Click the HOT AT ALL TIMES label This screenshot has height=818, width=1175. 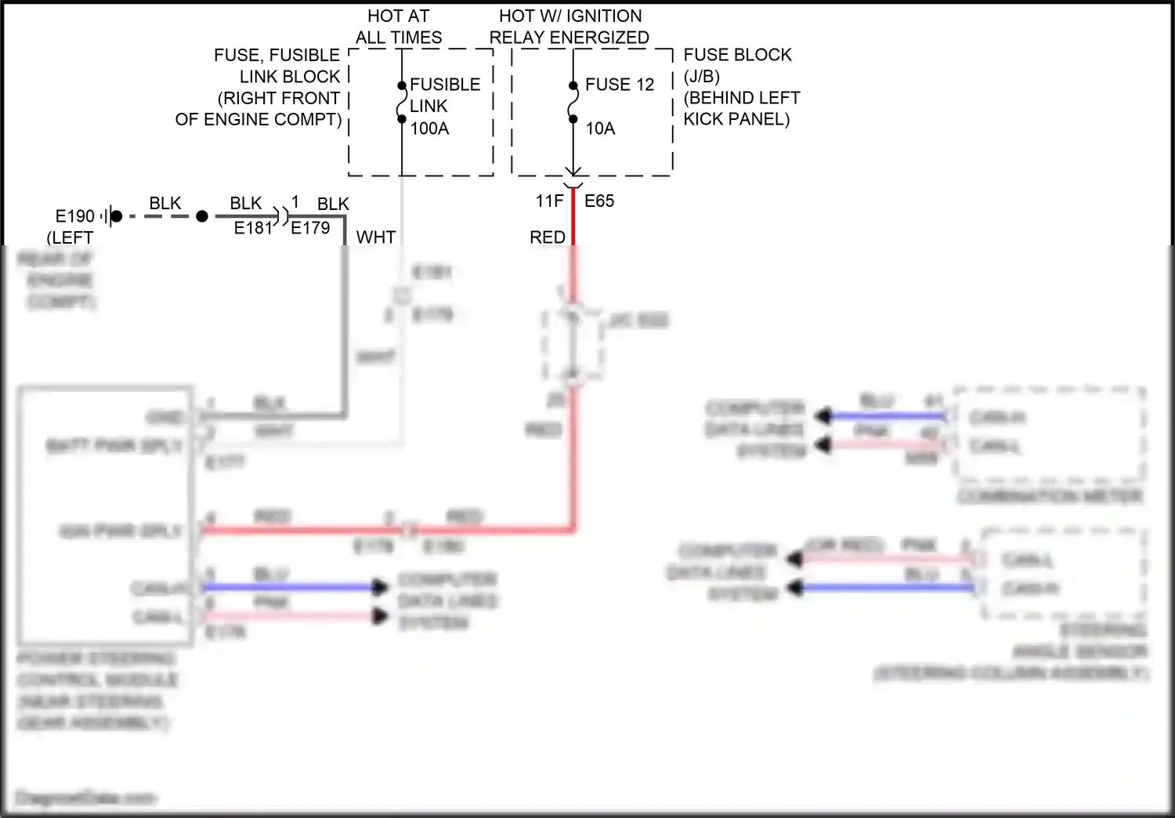pos(398,27)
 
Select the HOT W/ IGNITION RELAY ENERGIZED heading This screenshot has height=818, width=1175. pos(569,27)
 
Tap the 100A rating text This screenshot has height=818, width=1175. pos(429,128)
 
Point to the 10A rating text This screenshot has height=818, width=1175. pos(600,128)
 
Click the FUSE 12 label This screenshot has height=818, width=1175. pos(619,85)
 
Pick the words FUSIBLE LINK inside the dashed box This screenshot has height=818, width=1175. pos(444,95)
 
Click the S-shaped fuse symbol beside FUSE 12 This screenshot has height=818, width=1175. pos(573,103)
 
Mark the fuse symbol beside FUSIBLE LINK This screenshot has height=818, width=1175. pos(402,103)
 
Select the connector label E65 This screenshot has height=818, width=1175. pos(599,201)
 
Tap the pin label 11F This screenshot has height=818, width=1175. pos(549,201)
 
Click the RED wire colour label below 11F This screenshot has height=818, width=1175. pos(547,237)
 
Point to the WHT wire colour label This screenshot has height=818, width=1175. pos(376,237)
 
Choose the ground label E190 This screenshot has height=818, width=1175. pos(74,216)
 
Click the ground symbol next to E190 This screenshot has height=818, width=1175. pos(110,216)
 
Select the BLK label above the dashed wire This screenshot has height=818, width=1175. pos(165,203)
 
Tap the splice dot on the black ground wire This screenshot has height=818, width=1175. pos(202,216)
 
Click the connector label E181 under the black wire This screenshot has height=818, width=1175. pos(252,228)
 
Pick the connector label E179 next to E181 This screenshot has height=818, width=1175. pos(310,228)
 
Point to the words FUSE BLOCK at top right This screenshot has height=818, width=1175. pos(737,55)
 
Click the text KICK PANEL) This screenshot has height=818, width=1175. pos(736,119)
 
